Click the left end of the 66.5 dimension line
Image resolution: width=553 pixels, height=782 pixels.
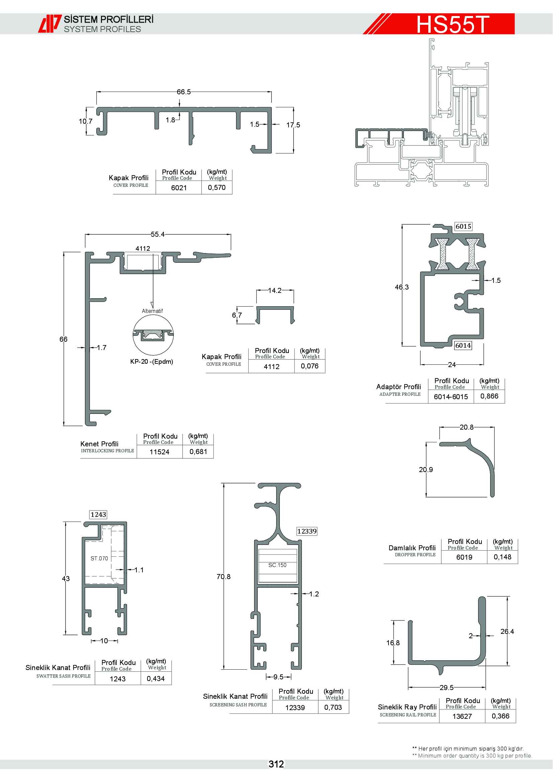[x=97, y=92]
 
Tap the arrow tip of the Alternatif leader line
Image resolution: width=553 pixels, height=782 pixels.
[x=152, y=308]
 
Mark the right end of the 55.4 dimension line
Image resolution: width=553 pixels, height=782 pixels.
[x=231, y=234]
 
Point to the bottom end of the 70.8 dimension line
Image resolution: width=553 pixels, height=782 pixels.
[x=224, y=669]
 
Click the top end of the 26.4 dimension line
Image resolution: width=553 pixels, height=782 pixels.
[x=508, y=597]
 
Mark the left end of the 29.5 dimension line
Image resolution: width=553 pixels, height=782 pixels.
[x=408, y=687]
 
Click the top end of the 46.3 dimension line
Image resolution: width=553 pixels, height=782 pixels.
[x=402, y=225]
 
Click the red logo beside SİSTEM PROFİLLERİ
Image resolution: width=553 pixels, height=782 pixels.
[x=50, y=23]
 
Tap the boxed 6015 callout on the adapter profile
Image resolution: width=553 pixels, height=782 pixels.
[x=463, y=226]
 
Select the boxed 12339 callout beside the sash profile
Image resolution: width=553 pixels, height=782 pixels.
[x=307, y=531]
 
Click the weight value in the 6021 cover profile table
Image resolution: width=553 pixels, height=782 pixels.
[x=217, y=187]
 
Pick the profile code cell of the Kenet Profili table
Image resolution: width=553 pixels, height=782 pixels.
[x=159, y=452]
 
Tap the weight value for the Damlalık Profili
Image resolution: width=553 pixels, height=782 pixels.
[x=503, y=557]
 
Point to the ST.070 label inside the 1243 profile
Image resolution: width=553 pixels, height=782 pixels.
[x=99, y=558]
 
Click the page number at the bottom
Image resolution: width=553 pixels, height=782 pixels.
[x=276, y=764]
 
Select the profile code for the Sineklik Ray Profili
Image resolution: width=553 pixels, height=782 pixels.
[x=462, y=716]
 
